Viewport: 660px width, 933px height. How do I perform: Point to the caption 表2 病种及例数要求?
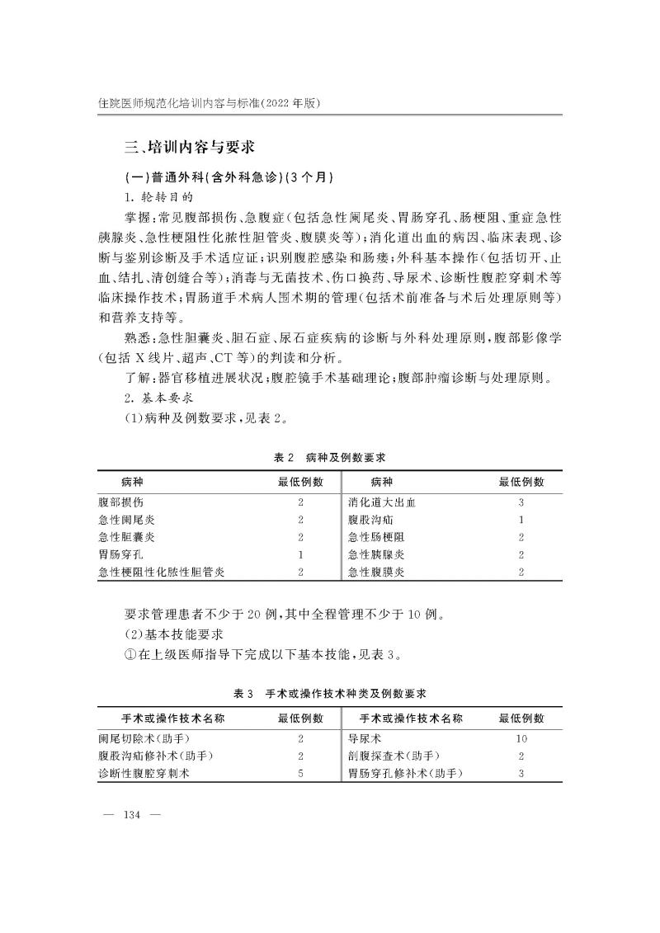click(x=330, y=456)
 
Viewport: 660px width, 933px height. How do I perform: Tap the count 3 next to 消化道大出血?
click(x=521, y=502)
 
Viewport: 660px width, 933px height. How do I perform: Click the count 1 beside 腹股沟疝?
click(x=521, y=520)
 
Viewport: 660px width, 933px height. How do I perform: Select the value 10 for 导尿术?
click(x=521, y=739)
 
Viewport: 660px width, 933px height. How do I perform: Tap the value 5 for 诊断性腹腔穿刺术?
click(x=301, y=774)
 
